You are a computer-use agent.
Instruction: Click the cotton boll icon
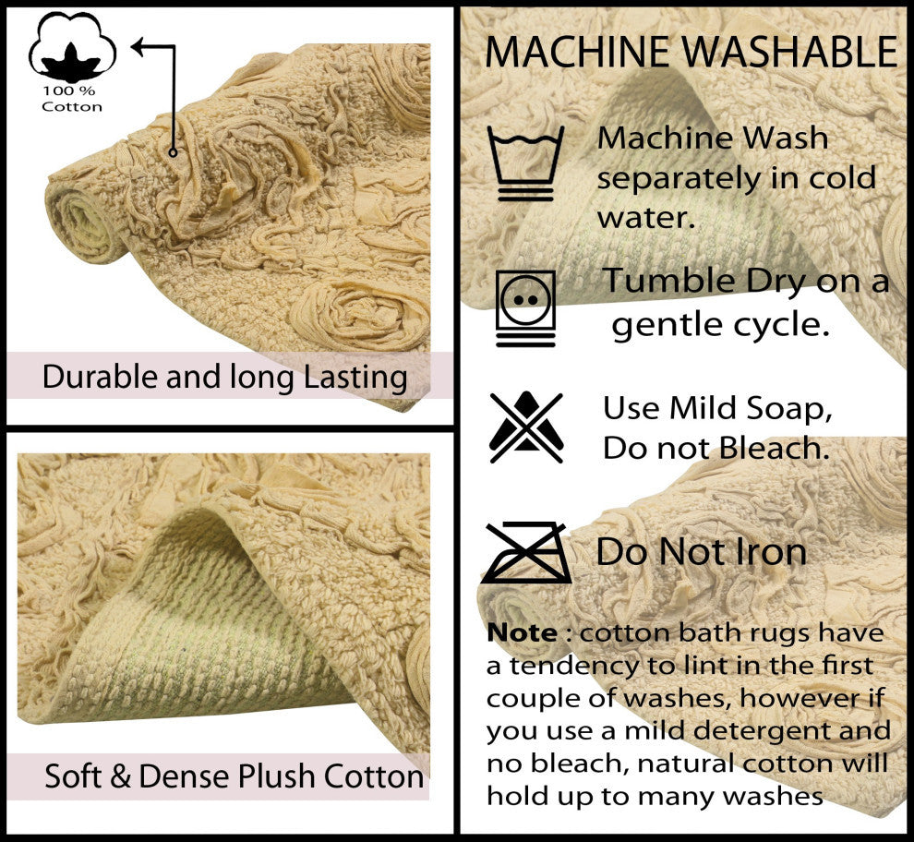click(x=72, y=48)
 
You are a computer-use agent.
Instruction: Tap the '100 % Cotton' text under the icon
click(x=72, y=99)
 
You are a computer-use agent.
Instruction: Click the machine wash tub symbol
click(x=526, y=163)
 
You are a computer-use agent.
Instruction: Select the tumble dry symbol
click(x=526, y=308)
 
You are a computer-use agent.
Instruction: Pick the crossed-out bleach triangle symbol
click(x=526, y=427)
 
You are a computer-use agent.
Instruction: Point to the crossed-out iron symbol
click(x=526, y=553)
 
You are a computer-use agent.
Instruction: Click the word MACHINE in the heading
click(x=577, y=53)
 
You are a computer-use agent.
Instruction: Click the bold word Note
click(x=522, y=632)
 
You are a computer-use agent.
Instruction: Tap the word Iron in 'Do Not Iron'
click(x=768, y=551)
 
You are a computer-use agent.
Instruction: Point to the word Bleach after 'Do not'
click(x=774, y=449)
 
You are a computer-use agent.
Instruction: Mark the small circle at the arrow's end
click(x=173, y=152)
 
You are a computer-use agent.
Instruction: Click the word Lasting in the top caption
click(x=355, y=378)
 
